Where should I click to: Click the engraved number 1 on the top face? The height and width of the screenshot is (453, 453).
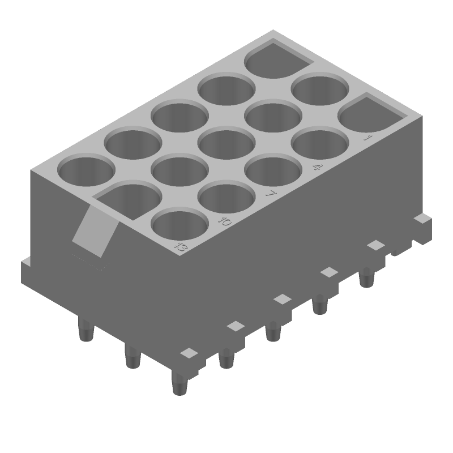coord(367,138)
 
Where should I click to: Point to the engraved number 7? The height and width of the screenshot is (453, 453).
coord(272,194)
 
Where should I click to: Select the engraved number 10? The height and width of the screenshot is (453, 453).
coord(225,221)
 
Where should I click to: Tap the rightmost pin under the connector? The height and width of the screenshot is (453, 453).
coord(367,278)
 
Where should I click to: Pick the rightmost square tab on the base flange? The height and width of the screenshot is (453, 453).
coord(421,218)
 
